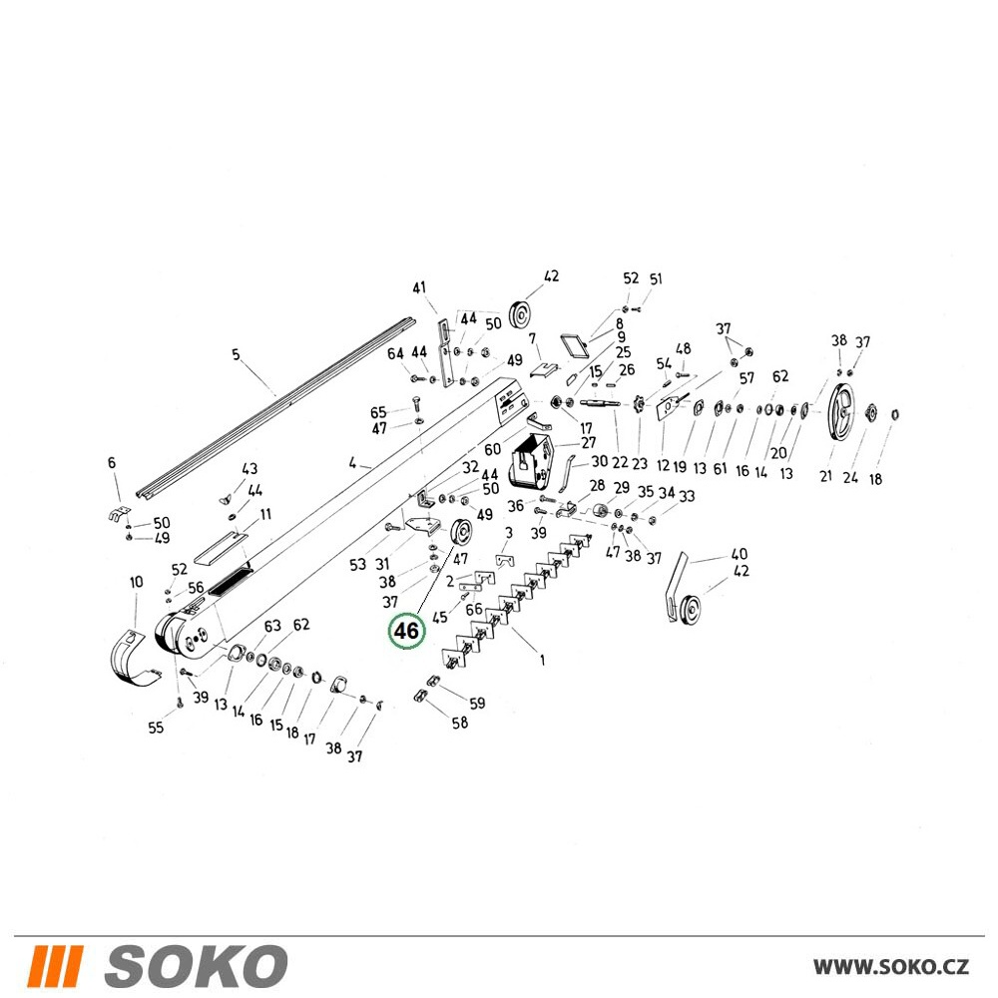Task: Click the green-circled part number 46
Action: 406,631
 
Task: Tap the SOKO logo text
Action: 196,966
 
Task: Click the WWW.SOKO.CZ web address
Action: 891,967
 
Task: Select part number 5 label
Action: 236,354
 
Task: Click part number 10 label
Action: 136,582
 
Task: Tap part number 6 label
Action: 112,463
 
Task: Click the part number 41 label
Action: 419,288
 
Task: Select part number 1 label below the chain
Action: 542,660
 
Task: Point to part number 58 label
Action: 460,723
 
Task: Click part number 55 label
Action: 156,728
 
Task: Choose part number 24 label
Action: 850,477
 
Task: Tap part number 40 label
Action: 739,554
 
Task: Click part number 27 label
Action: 588,442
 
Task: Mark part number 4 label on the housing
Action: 352,463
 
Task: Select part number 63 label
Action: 272,627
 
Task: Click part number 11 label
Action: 265,514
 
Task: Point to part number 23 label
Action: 639,464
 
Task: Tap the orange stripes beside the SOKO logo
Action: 54,966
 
